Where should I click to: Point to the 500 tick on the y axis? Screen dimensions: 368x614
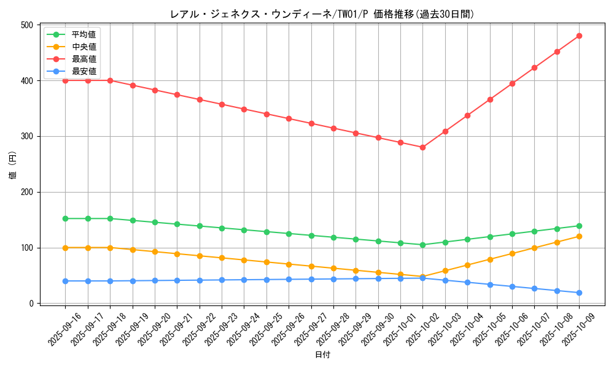pos(27,25)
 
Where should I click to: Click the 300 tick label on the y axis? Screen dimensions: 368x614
pos(27,137)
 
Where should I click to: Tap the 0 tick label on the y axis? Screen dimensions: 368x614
pos(32,304)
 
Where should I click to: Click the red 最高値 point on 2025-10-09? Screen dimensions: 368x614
pos(579,36)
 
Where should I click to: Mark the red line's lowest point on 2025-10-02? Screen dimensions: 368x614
pos(422,147)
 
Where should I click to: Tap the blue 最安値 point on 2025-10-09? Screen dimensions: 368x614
pos(579,293)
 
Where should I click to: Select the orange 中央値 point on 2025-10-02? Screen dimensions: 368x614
pos(422,277)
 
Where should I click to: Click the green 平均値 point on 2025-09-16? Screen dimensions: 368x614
pos(65,218)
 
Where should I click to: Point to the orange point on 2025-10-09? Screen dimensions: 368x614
pos(579,236)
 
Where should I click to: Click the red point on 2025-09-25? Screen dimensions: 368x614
pos(266,114)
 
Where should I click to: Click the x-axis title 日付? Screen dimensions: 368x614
pos(322,355)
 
